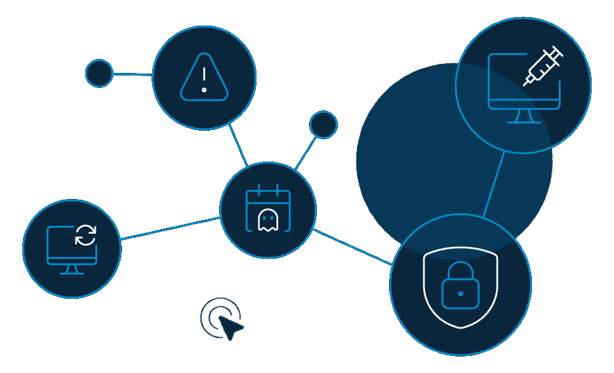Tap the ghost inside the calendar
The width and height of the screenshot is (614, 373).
268,220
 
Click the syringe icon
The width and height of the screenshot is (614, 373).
543,66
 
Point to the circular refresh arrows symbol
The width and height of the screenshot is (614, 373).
85,234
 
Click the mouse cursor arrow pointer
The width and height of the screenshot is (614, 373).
229,326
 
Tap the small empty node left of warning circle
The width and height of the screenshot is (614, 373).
99,74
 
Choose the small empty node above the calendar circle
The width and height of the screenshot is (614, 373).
323,125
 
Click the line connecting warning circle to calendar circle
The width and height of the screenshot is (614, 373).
238,144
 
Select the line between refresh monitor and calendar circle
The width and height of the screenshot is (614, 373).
171,228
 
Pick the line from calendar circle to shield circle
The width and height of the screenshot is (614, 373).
352,247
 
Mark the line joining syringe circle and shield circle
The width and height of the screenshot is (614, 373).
494,185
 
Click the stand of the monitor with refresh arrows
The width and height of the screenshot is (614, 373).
72,269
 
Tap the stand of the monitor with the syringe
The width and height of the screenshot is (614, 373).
523,116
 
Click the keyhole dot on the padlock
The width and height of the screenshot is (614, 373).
460,294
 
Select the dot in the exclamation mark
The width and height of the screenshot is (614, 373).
205,90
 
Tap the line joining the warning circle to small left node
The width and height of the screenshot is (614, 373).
133,75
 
